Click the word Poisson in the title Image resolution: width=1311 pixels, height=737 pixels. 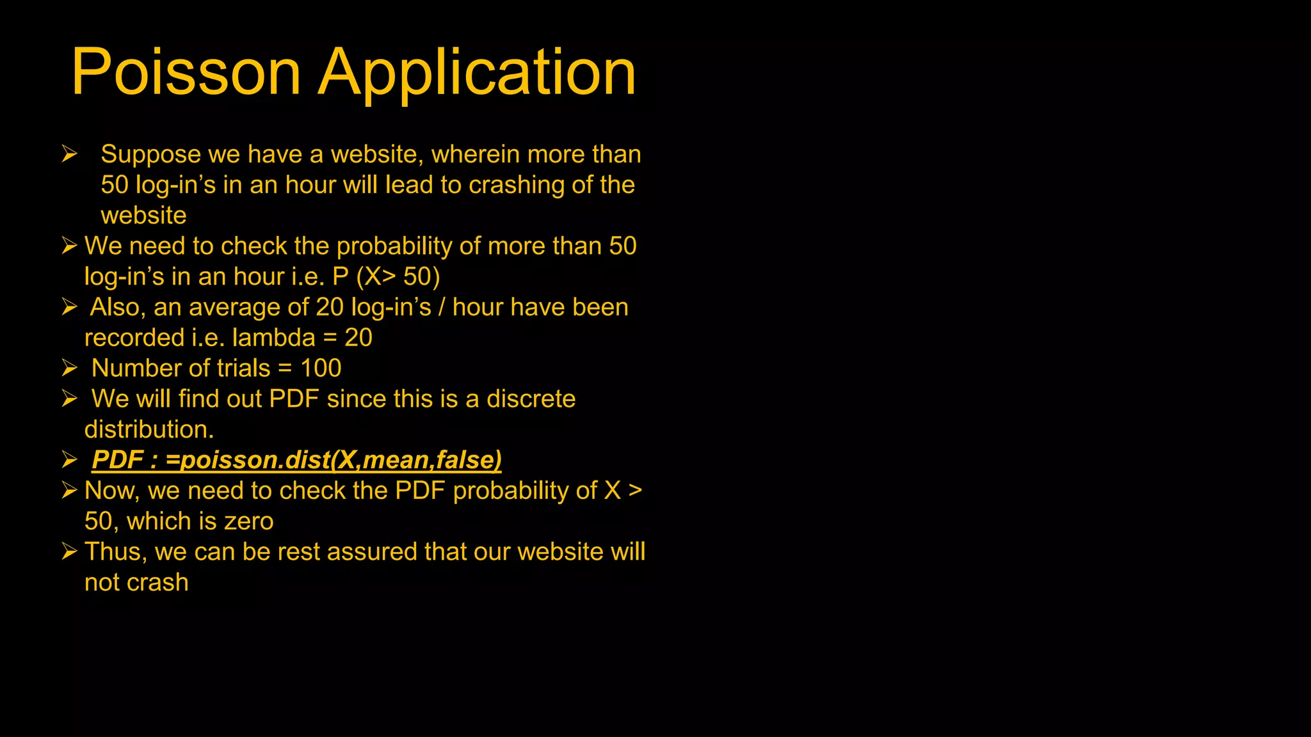pyautogui.click(x=186, y=72)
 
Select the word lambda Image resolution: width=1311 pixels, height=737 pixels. pyautogui.click(x=273, y=338)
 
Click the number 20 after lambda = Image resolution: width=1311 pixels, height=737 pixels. pyautogui.click(x=358, y=338)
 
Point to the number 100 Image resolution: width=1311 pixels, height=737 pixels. pyautogui.click(x=321, y=368)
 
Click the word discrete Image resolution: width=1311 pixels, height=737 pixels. pyautogui.click(x=531, y=399)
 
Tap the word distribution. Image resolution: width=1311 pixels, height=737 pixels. pyautogui.click(x=149, y=429)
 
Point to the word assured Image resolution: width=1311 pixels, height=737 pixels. pyautogui.click(x=371, y=552)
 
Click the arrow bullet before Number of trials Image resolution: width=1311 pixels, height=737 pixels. pyautogui.click(x=69, y=368)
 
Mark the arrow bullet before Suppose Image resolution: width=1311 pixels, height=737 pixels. pyautogui.click(x=69, y=154)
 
